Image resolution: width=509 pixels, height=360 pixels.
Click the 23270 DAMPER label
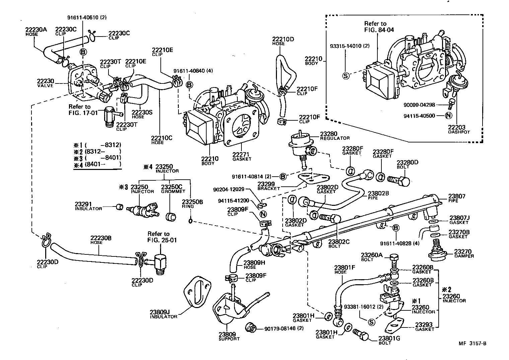point(464,253)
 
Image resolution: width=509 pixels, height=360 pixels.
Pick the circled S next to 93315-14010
point(346,76)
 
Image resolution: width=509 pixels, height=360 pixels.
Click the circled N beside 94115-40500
point(449,116)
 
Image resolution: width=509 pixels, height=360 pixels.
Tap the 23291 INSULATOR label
point(88,206)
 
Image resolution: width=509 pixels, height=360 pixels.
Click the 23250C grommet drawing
point(171,217)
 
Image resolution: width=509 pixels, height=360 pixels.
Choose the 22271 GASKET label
point(241,156)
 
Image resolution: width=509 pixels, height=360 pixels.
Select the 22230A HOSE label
point(36,32)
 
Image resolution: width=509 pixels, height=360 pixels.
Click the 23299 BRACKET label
point(269,186)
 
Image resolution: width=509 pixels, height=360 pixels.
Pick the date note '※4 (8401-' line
point(97,165)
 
